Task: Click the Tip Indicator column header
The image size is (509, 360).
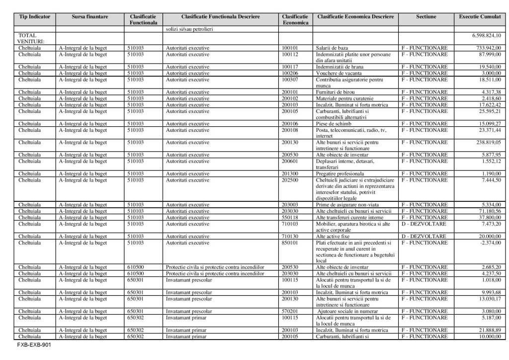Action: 35,17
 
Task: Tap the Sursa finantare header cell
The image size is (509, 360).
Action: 90,17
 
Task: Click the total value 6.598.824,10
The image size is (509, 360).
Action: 486,36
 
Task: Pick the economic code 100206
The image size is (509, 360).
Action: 289,73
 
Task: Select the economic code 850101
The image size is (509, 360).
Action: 289,243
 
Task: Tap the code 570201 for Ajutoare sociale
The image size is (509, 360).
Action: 289,311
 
